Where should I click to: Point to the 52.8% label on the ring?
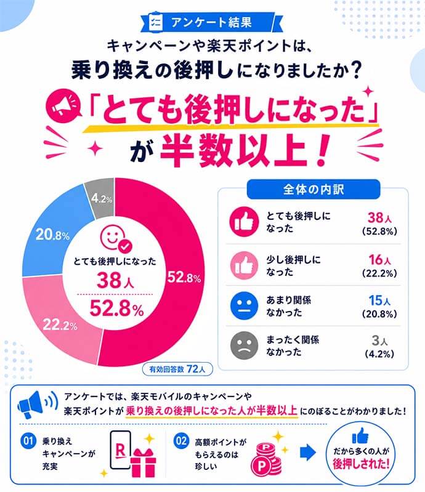click(x=184, y=277)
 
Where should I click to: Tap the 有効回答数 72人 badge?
click(x=177, y=369)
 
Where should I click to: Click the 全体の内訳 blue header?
click(x=314, y=189)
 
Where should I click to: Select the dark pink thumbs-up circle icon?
click(x=244, y=222)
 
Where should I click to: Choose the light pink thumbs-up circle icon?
click(x=244, y=265)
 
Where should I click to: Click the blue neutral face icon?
click(x=244, y=305)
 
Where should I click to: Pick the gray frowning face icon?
click(x=244, y=345)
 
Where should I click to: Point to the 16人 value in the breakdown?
click(x=379, y=260)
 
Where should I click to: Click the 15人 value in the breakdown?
click(x=379, y=300)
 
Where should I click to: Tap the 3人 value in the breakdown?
click(x=379, y=341)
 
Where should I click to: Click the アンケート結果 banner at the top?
click(x=211, y=22)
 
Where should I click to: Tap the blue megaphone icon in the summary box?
click(x=38, y=405)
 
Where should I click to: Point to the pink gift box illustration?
click(x=143, y=462)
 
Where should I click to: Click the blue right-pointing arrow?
click(x=307, y=453)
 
